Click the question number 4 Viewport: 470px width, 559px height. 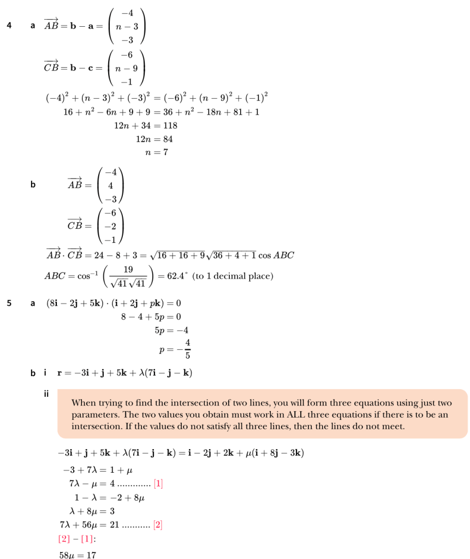pyautogui.click(x=9, y=26)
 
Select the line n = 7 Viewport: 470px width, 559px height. pyautogui.click(x=156, y=152)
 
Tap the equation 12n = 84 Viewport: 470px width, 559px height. pyautogui.click(x=154, y=139)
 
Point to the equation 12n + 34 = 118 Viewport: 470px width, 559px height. pyautogui.click(x=145, y=126)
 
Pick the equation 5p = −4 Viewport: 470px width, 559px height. pyautogui.click(x=172, y=330)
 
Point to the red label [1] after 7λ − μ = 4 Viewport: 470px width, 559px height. pyautogui.click(x=159, y=483)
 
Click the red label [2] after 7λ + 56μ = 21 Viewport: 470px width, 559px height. pyautogui.click(x=158, y=525)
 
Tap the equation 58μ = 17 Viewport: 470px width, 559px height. pyautogui.click(x=78, y=554)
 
